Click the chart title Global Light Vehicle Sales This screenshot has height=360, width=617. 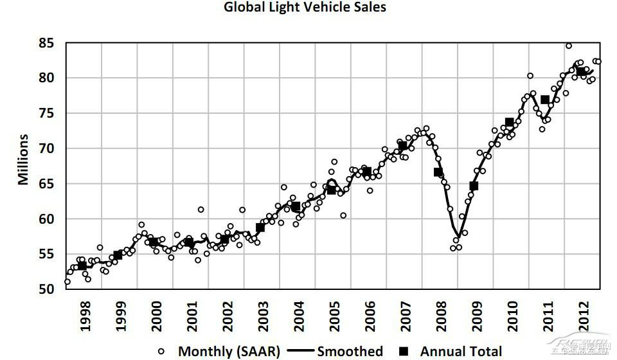pyautogui.click(x=305, y=8)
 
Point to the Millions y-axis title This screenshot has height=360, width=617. pyautogui.click(x=24, y=159)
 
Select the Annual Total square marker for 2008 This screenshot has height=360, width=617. pyautogui.click(x=438, y=172)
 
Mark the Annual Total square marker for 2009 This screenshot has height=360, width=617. pyautogui.click(x=474, y=186)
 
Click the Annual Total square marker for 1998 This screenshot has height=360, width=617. pyautogui.click(x=82, y=265)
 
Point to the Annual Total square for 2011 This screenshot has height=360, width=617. pyautogui.click(x=545, y=100)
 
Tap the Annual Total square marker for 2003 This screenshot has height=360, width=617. pyautogui.click(x=260, y=227)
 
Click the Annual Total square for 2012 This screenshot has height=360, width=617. pyautogui.click(x=581, y=71)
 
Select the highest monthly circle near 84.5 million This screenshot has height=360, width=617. pyautogui.click(x=569, y=46)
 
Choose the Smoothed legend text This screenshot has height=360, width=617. pyautogui.click(x=350, y=351)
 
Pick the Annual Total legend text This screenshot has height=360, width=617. pyautogui.click(x=461, y=351)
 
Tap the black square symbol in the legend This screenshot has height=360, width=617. pyautogui.click(x=404, y=351)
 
